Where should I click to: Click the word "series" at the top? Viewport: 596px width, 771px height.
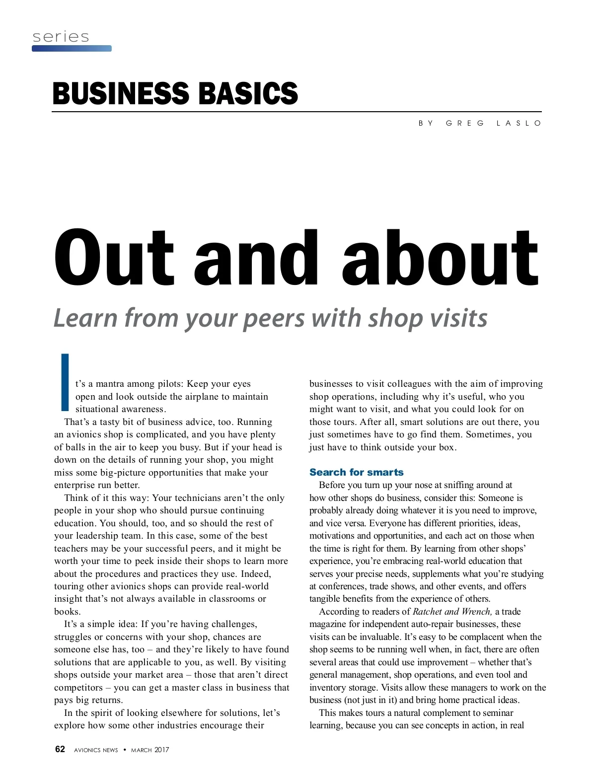point(61,37)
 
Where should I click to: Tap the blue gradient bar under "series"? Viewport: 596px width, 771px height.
point(72,49)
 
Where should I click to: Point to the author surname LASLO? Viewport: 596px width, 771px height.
point(519,123)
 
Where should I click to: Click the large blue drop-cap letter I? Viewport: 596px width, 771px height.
point(65,382)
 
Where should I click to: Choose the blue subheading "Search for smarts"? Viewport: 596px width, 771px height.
point(356,472)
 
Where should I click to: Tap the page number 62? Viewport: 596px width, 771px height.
point(60,749)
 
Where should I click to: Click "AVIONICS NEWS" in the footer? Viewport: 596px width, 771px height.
point(96,750)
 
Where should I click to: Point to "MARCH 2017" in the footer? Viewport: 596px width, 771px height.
point(150,750)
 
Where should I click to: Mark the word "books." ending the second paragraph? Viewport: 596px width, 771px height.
point(67,612)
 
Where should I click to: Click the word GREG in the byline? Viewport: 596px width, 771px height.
point(465,123)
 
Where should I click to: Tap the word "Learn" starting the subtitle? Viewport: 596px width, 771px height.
point(85,318)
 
